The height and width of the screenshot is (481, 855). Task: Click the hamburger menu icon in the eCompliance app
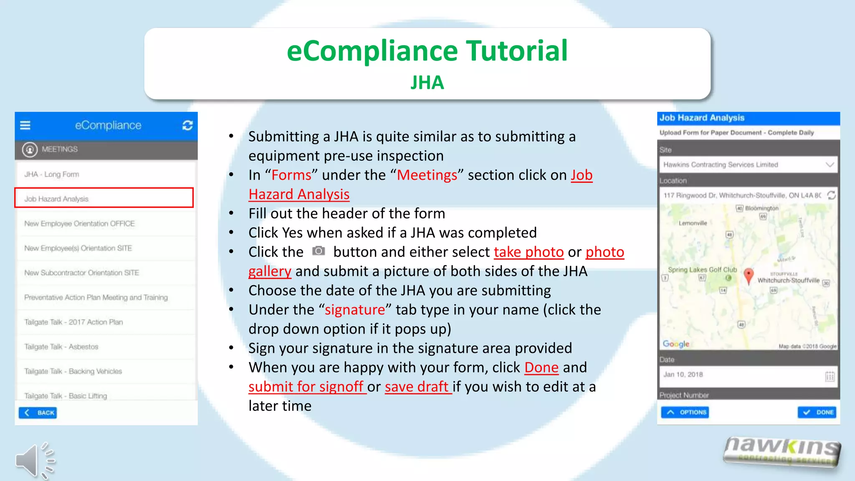point(25,125)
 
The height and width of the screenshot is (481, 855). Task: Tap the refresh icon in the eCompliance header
point(187,125)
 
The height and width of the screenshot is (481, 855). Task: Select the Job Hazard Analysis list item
point(104,198)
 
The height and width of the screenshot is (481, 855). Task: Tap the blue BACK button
point(38,413)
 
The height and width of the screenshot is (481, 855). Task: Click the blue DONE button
point(817,412)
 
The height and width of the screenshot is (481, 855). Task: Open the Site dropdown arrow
point(830,165)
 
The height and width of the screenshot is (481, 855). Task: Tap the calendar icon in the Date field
point(830,376)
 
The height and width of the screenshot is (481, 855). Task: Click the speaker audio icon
point(35,460)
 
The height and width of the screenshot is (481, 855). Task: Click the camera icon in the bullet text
point(319,251)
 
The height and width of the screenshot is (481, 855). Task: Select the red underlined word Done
point(541,367)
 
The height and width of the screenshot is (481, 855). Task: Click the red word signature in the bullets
point(355,310)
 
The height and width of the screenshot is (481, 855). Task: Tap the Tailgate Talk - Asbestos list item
point(61,347)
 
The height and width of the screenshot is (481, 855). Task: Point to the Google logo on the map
point(676,344)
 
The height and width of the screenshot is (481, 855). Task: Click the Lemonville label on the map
point(693,223)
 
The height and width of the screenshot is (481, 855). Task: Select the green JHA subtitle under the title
point(427,82)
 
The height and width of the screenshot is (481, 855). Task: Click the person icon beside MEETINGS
point(30,149)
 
